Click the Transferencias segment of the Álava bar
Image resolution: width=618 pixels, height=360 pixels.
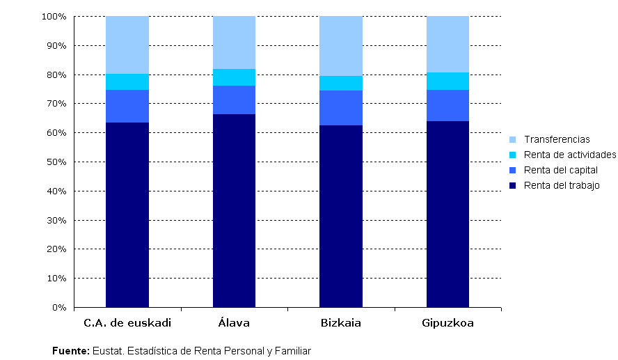pyautogui.click(x=234, y=42)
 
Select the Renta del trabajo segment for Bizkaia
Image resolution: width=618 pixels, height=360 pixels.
pyautogui.click(x=341, y=216)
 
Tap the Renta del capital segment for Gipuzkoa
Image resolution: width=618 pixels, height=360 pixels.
pyautogui.click(x=447, y=105)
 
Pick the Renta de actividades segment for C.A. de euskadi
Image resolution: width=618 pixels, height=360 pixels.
pyautogui.click(x=127, y=82)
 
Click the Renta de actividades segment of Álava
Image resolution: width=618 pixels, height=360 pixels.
pyautogui.click(x=234, y=77)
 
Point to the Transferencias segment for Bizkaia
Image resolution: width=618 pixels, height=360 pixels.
pyautogui.click(x=341, y=46)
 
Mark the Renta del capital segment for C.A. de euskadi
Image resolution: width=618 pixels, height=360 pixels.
pyautogui.click(x=127, y=106)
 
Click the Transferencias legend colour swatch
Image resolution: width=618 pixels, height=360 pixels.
pyautogui.click(x=512, y=139)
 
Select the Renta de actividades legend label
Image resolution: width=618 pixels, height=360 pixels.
pyautogui.click(x=570, y=155)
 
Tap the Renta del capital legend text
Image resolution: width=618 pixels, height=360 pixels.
pyautogui.click(x=561, y=170)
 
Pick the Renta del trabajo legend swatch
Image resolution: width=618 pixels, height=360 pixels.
pyautogui.click(x=512, y=185)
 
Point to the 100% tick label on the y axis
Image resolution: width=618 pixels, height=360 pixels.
pyautogui.click(x=54, y=16)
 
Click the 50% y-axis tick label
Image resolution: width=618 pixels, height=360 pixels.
pyautogui.click(x=56, y=162)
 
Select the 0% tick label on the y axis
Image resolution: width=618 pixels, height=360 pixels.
pyautogui.click(x=58, y=307)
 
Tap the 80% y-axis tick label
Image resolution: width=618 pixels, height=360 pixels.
pyautogui.click(x=56, y=75)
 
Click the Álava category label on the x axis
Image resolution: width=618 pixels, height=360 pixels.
pyautogui.click(x=234, y=323)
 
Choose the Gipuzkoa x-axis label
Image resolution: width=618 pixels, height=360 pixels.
pyautogui.click(x=447, y=323)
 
